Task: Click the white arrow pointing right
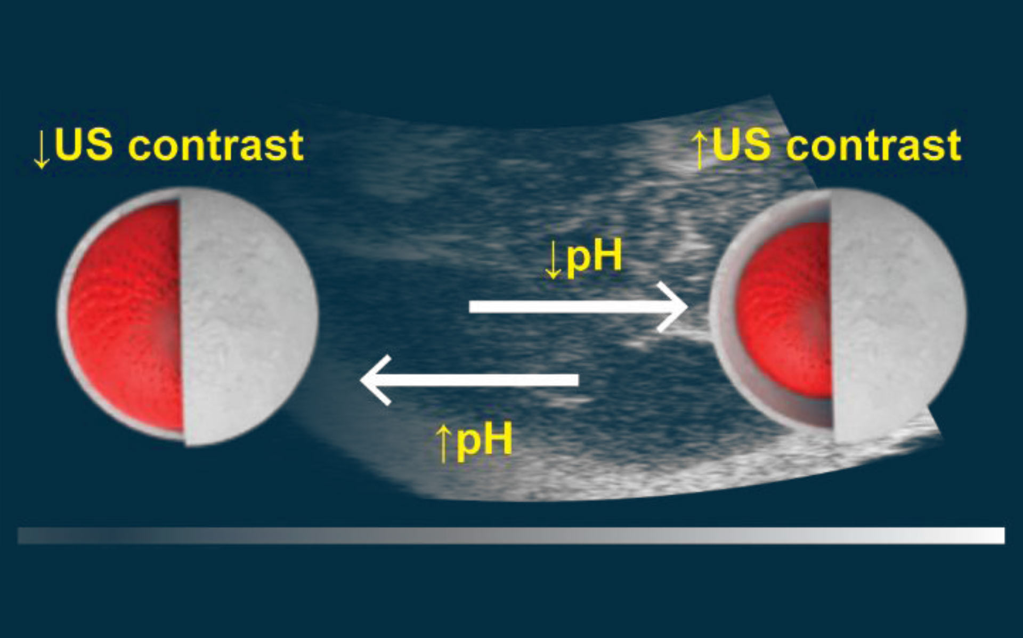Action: pos(578,306)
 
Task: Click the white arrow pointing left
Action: pos(469,380)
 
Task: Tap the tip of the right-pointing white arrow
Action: pos(687,307)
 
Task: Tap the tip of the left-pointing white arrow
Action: pos(361,380)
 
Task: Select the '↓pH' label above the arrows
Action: pos(583,258)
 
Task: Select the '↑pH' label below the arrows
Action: pos(474,440)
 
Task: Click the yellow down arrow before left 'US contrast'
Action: pos(41,149)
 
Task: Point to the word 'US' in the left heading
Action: pos(84,144)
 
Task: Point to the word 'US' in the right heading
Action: pos(742,144)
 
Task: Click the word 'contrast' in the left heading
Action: pos(216,146)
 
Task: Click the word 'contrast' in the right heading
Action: pos(874,146)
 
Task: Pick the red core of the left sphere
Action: pos(126,317)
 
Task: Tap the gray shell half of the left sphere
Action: pos(248,317)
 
